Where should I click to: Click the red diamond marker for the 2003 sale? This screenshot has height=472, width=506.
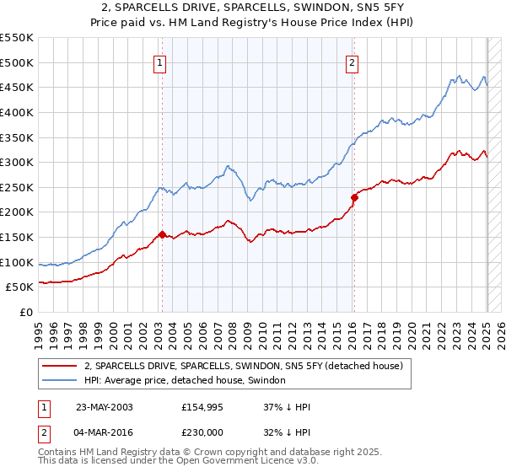coord(162,235)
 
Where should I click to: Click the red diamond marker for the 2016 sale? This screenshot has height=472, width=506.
coord(355,197)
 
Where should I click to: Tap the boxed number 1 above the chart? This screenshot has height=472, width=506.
coord(159,61)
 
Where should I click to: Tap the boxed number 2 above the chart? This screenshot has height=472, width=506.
coord(352,61)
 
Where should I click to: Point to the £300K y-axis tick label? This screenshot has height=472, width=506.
coord(17,162)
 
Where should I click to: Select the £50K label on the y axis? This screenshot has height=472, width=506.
coord(19,287)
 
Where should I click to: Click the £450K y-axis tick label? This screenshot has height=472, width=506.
coord(17,87)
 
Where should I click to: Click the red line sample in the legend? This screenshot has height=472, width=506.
coord(59,366)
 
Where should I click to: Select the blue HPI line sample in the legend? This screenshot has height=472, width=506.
coord(59,380)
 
